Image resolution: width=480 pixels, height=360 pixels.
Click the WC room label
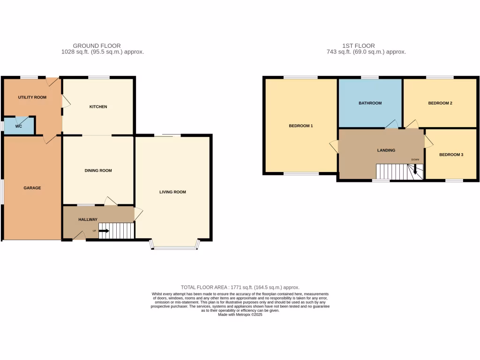(x=19, y=126)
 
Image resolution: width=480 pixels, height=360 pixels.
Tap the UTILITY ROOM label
(x=32, y=97)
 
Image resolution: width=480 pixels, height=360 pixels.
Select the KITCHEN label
(x=98, y=107)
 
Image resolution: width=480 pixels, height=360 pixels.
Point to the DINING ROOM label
(x=98, y=171)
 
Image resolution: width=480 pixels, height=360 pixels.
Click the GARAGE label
(x=32, y=188)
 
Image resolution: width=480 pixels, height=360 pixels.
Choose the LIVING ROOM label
(x=173, y=192)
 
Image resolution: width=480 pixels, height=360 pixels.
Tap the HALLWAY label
(x=88, y=219)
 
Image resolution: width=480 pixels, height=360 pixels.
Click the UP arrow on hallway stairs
(x=104, y=231)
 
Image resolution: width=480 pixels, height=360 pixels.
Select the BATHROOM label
(x=370, y=103)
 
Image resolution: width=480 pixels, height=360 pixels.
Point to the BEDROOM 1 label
(x=300, y=126)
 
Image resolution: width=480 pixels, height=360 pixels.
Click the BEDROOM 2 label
(x=440, y=103)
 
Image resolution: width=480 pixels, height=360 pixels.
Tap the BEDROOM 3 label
(x=451, y=154)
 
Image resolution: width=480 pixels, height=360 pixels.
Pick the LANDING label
(x=386, y=150)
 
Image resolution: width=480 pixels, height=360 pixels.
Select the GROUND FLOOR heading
(x=103, y=46)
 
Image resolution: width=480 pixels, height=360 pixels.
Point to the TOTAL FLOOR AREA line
(x=240, y=287)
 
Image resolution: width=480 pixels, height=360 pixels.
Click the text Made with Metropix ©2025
(x=240, y=315)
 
